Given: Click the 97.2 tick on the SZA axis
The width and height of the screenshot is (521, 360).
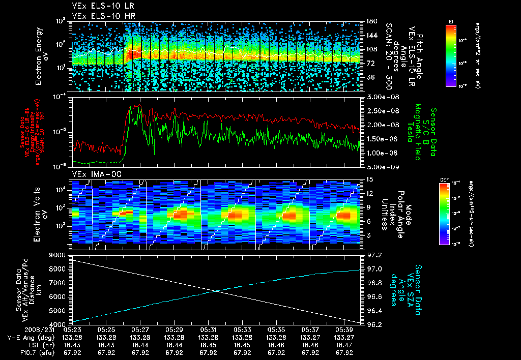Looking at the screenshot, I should (x=374, y=255).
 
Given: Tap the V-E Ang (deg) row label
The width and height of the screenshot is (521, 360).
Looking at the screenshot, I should (x=28, y=337).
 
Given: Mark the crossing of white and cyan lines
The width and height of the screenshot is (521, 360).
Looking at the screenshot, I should (x=217, y=291).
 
